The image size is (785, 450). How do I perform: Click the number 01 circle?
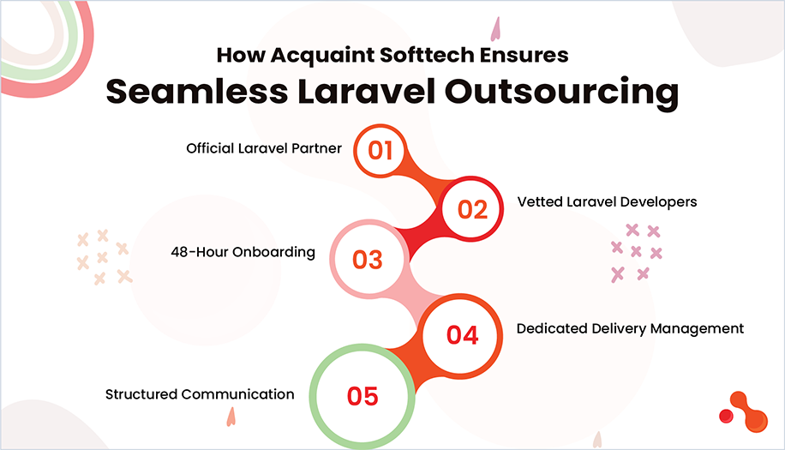[380, 151]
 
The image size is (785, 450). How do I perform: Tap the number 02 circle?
[472, 209]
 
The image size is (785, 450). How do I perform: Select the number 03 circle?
[367, 259]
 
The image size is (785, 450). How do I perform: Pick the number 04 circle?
[462, 334]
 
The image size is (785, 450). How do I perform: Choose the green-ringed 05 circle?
[362, 395]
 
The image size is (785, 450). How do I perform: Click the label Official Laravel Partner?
[264, 148]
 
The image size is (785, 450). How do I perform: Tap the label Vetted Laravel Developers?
[607, 202]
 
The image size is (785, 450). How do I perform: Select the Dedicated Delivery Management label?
[630, 328]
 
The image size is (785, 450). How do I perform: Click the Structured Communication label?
[200, 394]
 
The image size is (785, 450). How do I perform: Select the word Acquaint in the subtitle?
[316, 55]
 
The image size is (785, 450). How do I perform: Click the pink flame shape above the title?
[495, 31]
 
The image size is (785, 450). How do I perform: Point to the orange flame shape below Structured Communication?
[231, 417]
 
